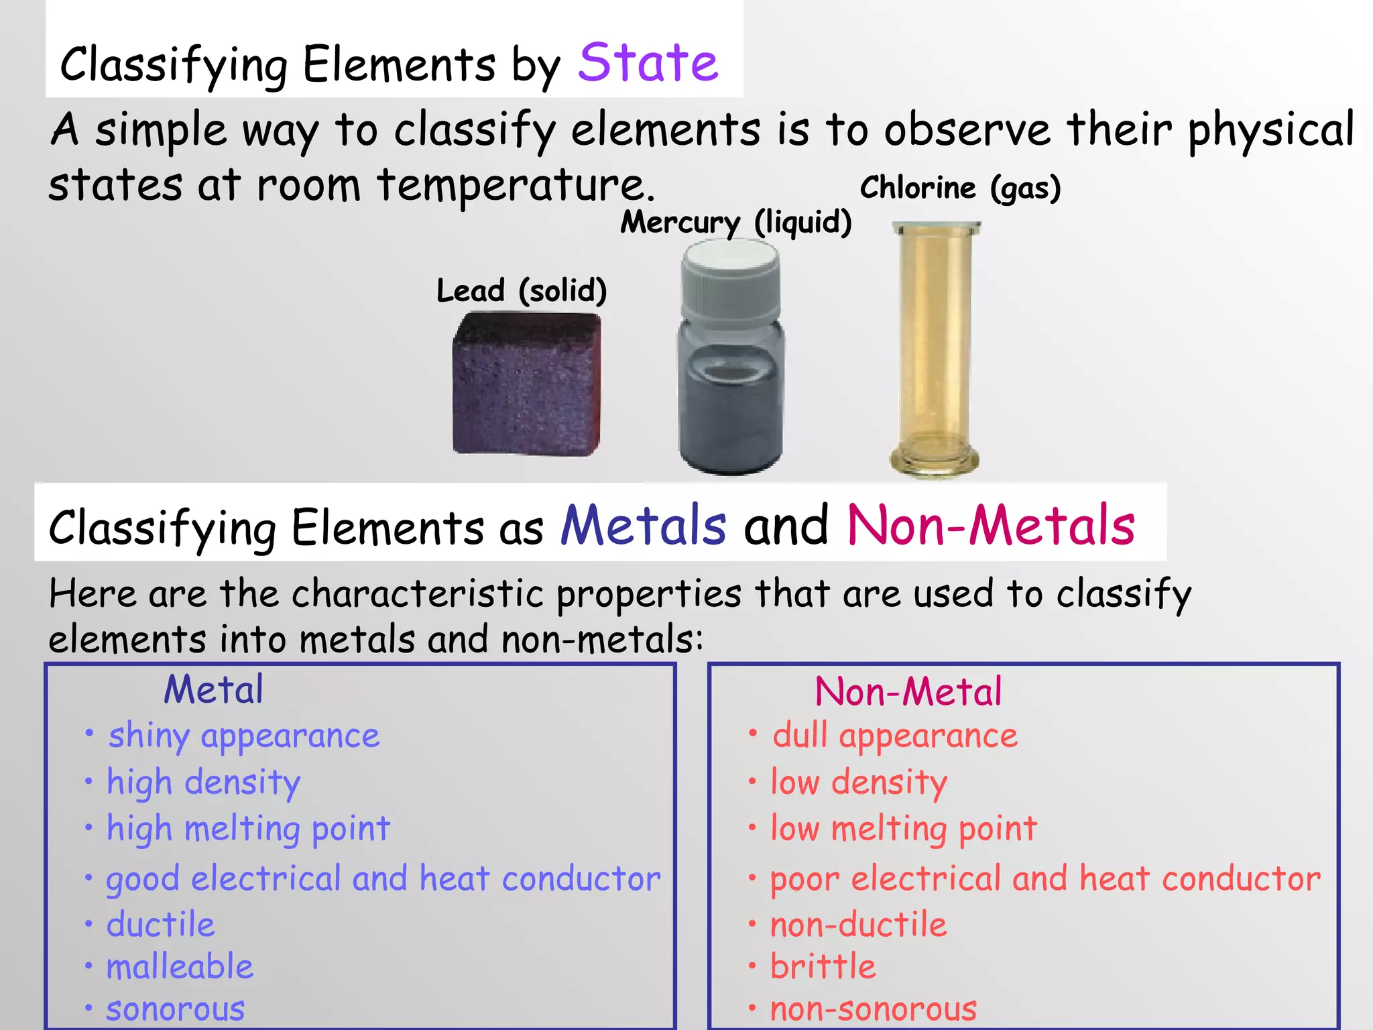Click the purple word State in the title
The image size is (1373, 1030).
648,62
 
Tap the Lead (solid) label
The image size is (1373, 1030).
522,290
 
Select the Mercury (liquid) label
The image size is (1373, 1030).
735,222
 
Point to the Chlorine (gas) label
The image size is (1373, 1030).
960,188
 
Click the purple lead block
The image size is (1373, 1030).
526,385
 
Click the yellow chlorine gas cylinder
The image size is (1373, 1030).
935,349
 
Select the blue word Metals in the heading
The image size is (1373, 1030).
643,525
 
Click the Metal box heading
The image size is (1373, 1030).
213,689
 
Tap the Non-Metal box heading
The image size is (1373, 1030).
908,692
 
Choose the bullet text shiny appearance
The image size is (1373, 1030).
244,736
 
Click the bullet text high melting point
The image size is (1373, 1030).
248,829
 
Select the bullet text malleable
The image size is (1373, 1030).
180,967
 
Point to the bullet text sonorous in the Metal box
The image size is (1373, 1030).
176,1009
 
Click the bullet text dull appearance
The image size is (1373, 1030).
894,736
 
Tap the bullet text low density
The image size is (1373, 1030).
859,783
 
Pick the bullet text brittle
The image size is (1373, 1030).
823,967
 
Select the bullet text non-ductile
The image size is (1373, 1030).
858,925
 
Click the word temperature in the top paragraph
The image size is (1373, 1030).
515,185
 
